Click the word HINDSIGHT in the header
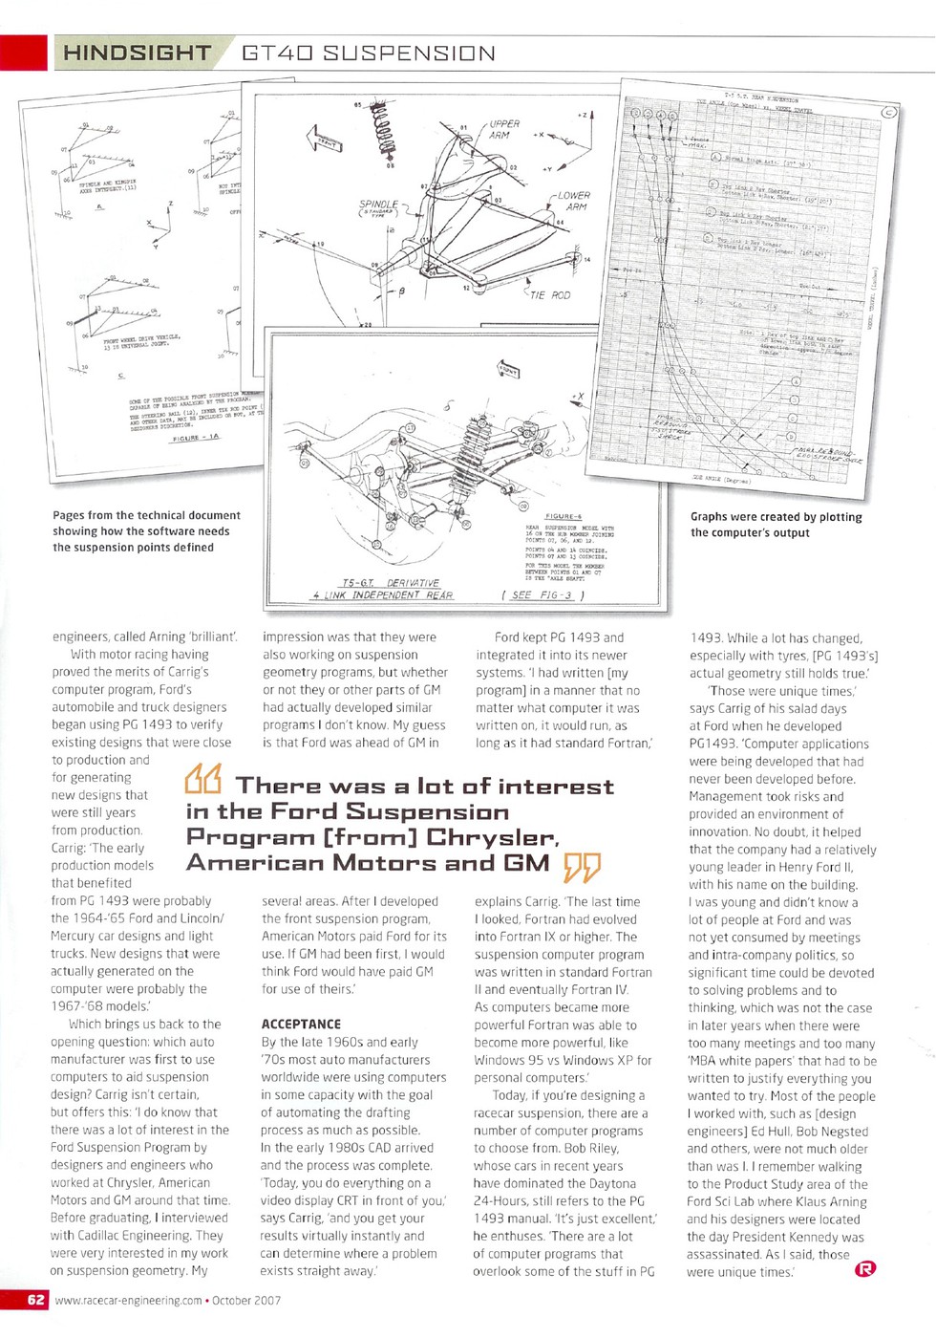[x=137, y=54]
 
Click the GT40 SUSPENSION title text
[x=368, y=54]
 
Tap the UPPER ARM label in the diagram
[x=503, y=130]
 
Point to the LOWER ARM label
[x=573, y=201]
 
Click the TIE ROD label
[x=548, y=295]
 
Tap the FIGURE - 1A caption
[x=196, y=437]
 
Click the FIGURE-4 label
[x=564, y=516]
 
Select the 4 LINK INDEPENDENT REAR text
[x=383, y=595]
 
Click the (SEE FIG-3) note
[x=542, y=595]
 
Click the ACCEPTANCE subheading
[x=301, y=1024]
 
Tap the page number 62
[x=35, y=1300]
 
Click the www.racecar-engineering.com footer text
[x=129, y=1301]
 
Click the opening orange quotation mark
[x=202, y=781]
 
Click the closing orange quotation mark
[x=582, y=867]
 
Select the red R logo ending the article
[x=864, y=1268]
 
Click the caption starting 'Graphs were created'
[x=776, y=525]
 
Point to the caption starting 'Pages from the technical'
[x=146, y=531]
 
